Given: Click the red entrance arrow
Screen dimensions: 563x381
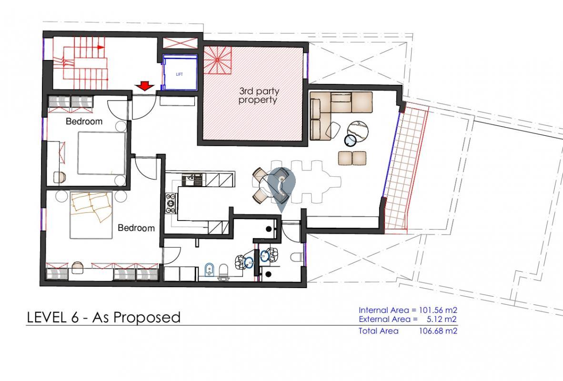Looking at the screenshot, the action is pyautogui.click(x=145, y=86).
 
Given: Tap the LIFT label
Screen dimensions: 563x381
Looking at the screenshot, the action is pyautogui.click(x=180, y=74).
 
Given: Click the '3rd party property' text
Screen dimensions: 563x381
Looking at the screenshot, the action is pyautogui.click(x=258, y=96).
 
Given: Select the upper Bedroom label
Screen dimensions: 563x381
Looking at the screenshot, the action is pyautogui.click(x=84, y=121).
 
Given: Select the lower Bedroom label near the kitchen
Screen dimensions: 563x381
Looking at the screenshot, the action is pyautogui.click(x=136, y=228).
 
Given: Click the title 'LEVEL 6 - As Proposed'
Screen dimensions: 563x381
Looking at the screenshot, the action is pyautogui.click(x=104, y=318).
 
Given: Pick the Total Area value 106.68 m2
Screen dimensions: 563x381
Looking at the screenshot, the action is pyautogui.click(x=438, y=331).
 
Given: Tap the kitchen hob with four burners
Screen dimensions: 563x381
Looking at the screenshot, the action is pyautogui.click(x=171, y=204).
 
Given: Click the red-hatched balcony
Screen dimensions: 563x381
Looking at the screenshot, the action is pyautogui.click(x=406, y=169).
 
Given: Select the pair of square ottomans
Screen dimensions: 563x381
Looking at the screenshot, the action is pyautogui.click(x=352, y=159).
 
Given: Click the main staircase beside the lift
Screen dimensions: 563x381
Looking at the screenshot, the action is pyautogui.click(x=81, y=63).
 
